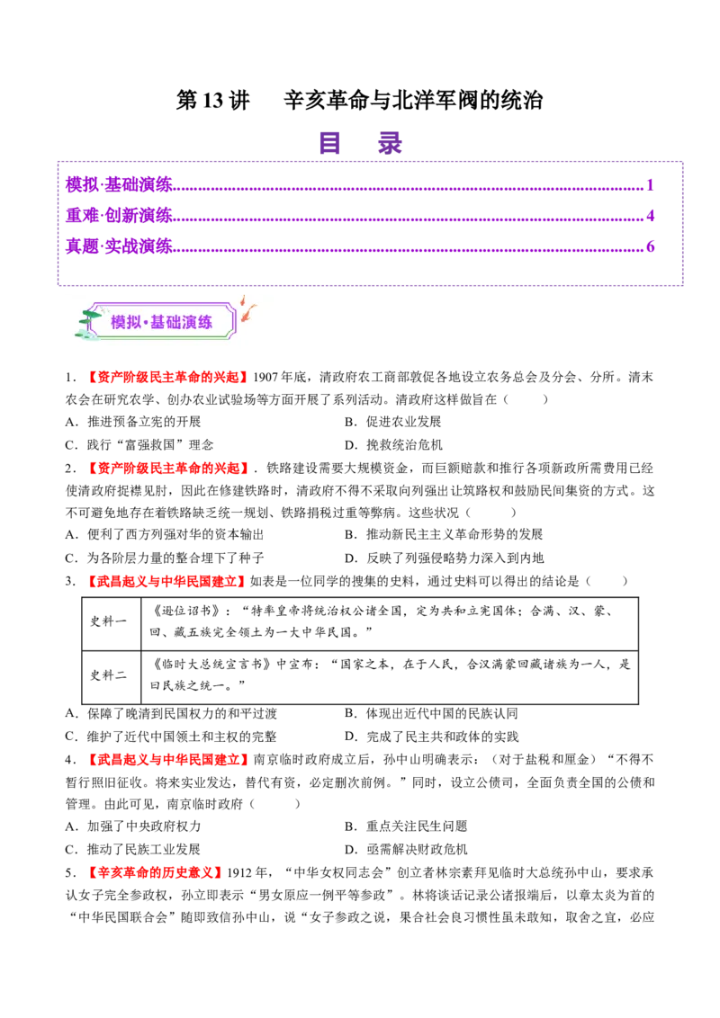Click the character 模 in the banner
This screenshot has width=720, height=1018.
119,322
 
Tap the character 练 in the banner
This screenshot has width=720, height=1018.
205,322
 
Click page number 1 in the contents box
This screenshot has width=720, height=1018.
651,183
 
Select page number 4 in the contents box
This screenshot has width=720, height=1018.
651,214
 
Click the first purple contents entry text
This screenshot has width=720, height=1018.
118,183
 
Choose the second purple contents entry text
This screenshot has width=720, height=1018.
118,214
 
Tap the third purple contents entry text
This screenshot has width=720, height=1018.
118,245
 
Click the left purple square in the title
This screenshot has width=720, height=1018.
330,144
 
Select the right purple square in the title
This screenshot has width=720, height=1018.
389,144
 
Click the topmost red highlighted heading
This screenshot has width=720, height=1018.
168,378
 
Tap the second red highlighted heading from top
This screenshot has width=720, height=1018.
168,468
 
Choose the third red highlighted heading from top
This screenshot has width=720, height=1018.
166,581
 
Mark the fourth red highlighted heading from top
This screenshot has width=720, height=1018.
168,760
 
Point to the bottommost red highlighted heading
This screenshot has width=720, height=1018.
155,872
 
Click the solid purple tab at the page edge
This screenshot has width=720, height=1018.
701,227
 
